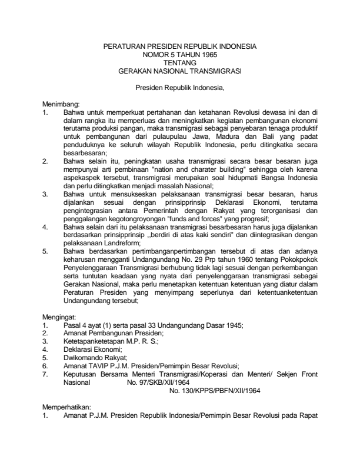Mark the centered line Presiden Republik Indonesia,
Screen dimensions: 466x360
180,89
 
